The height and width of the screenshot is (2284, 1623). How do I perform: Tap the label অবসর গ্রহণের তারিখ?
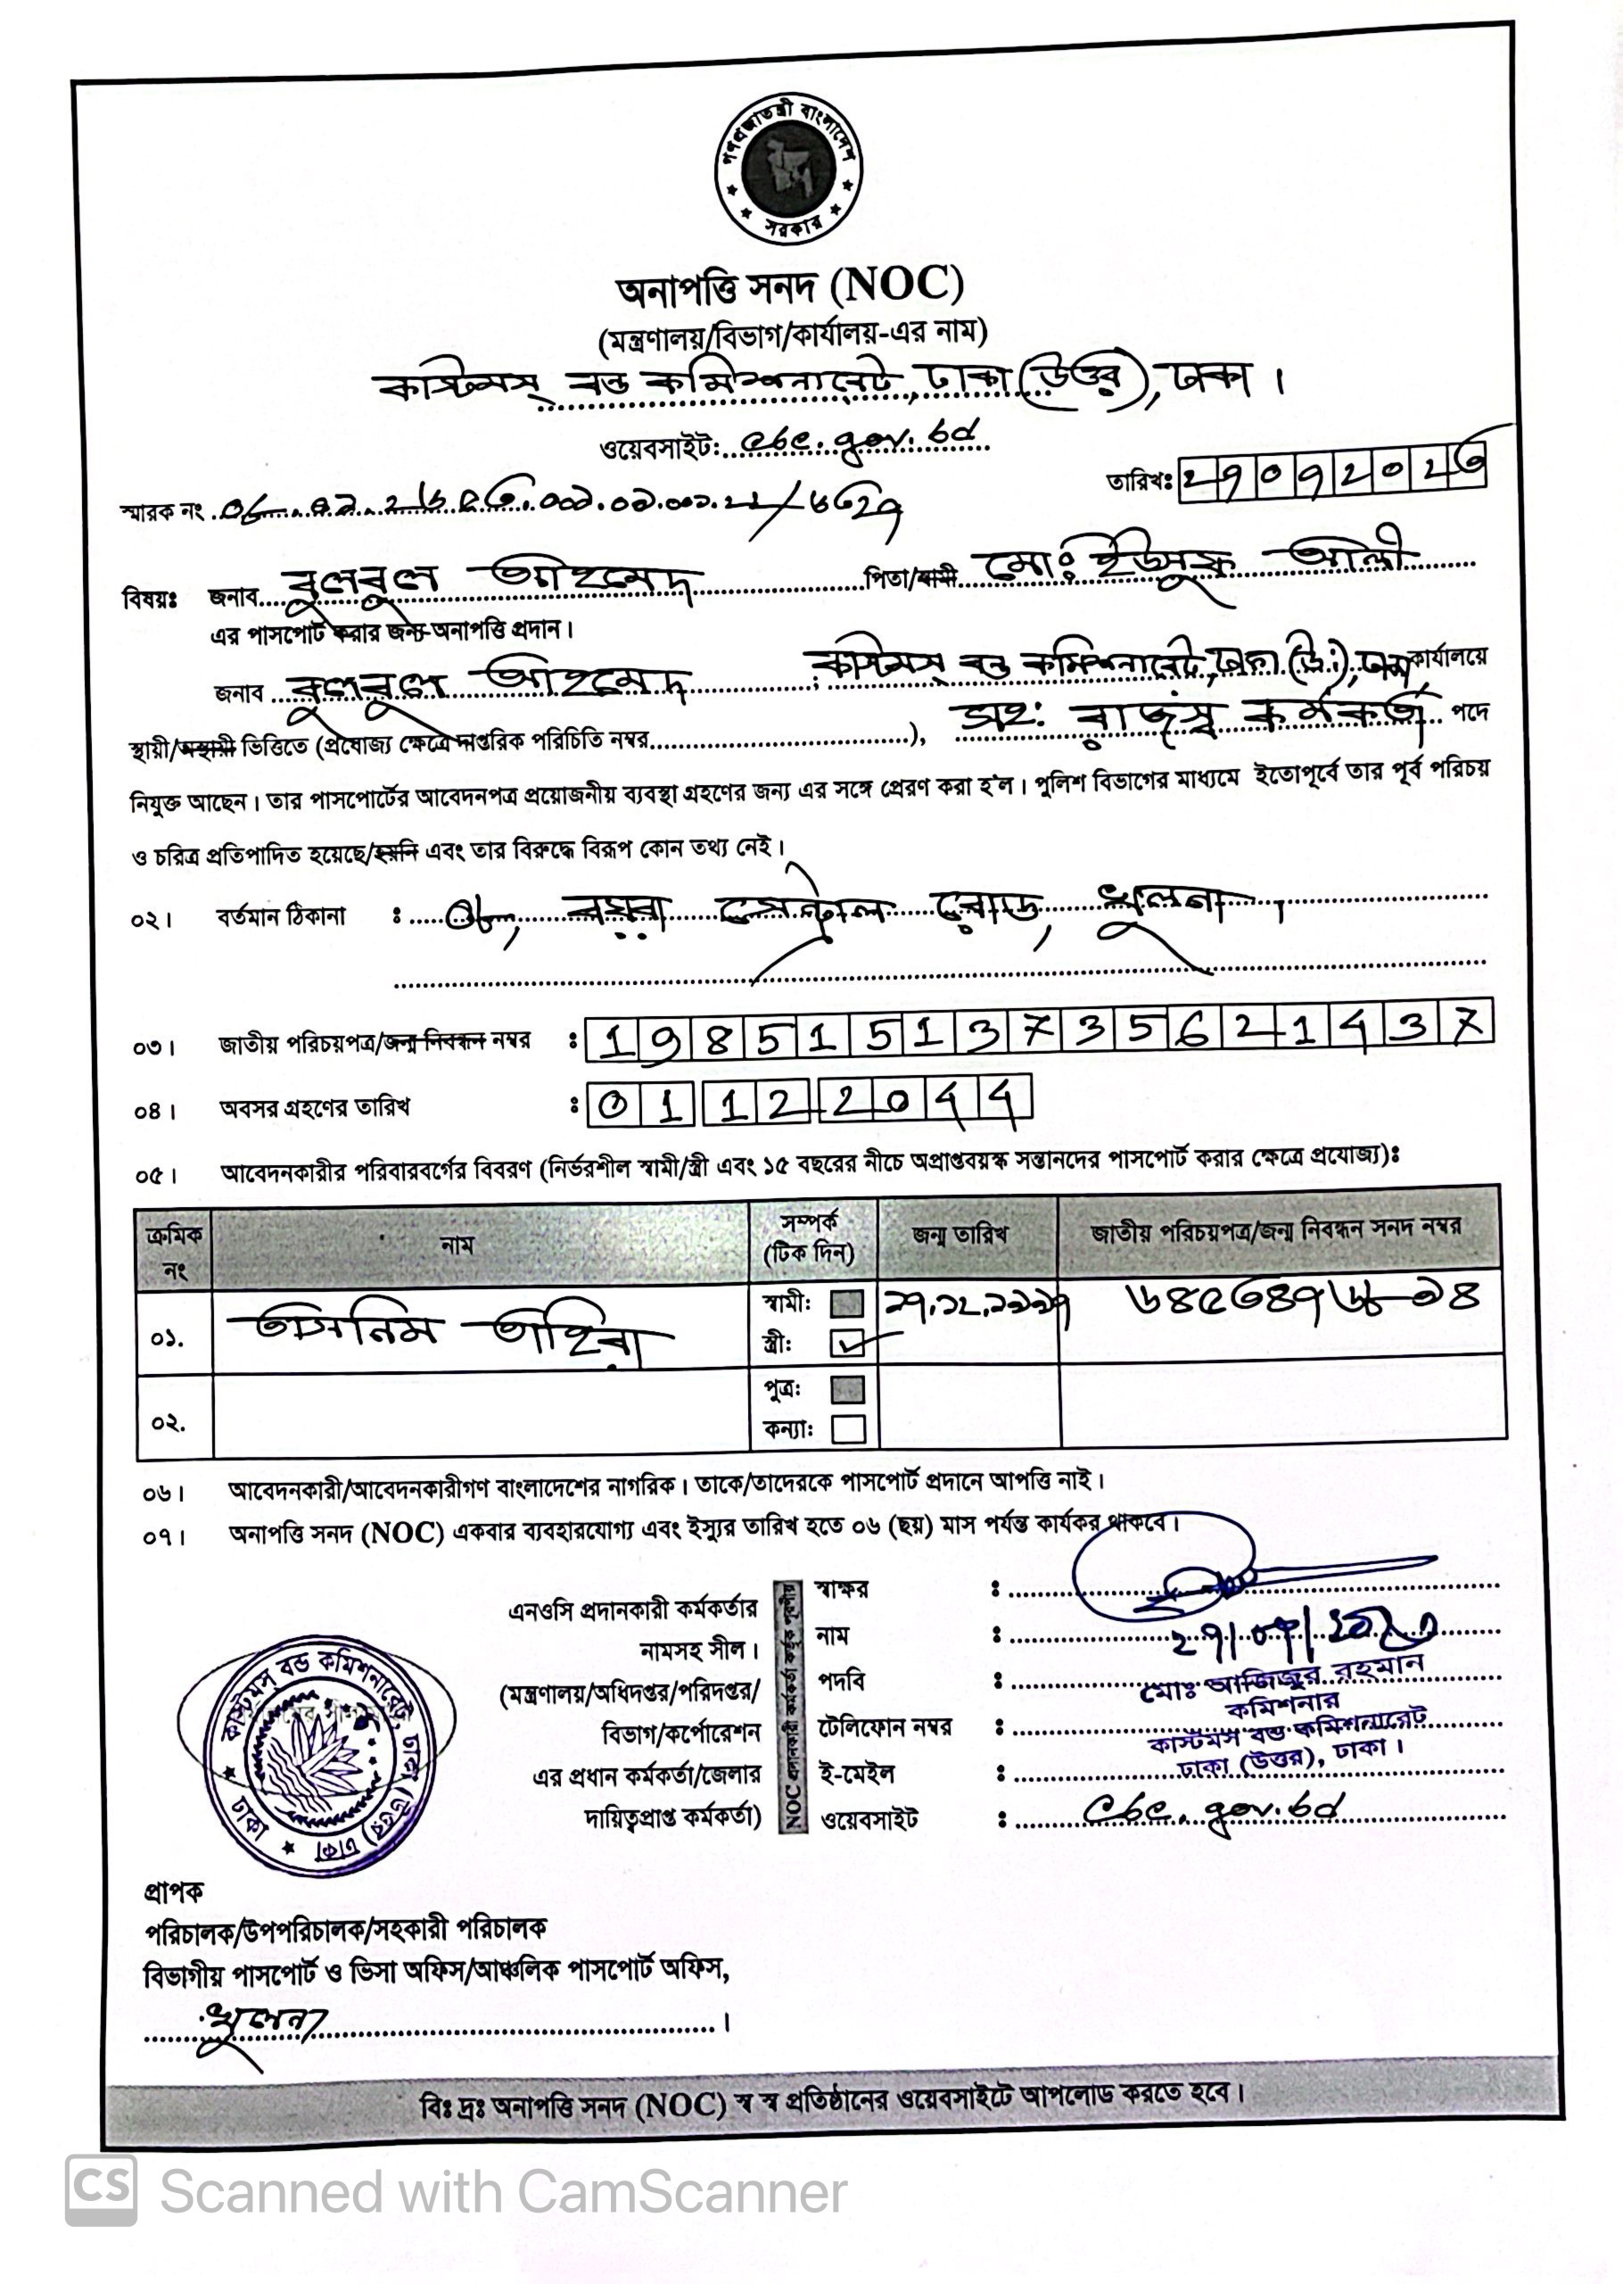click(x=315, y=1108)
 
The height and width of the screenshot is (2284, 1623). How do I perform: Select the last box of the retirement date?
click(x=1009, y=1102)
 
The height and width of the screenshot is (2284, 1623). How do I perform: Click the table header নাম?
click(x=457, y=1245)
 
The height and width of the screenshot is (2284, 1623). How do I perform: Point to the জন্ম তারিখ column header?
click(x=960, y=1235)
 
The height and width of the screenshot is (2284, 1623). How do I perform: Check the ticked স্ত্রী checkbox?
click(x=847, y=1345)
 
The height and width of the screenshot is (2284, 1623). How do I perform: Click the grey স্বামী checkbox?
click(x=846, y=1303)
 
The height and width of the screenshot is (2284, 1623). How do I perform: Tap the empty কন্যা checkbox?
click(x=847, y=1428)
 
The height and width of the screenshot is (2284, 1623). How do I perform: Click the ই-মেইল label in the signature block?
click(x=856, y=1774)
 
